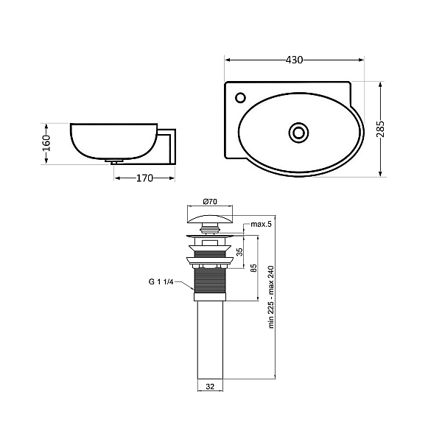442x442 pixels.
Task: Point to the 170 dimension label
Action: coord(144,178)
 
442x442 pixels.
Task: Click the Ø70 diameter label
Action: coord(209,202)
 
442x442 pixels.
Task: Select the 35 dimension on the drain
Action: coord(240,251)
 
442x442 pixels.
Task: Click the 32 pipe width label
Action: coord(209,385)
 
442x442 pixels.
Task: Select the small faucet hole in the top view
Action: coord(239,97)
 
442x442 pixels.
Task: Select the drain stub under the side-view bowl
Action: coord(115,161)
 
